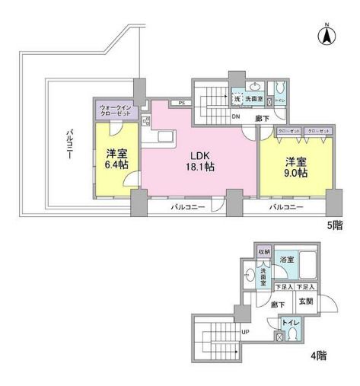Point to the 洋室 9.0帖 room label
[297, 167]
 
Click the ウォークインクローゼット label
[116, 110]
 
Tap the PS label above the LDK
[181, 103]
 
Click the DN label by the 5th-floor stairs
[236, 116]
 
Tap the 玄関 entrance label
[305, 301]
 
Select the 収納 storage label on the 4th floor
[263, 251]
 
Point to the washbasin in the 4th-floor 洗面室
[250, 276]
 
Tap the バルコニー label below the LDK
[186, 207]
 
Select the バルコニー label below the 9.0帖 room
[285, 207]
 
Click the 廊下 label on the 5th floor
[261, 118]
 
